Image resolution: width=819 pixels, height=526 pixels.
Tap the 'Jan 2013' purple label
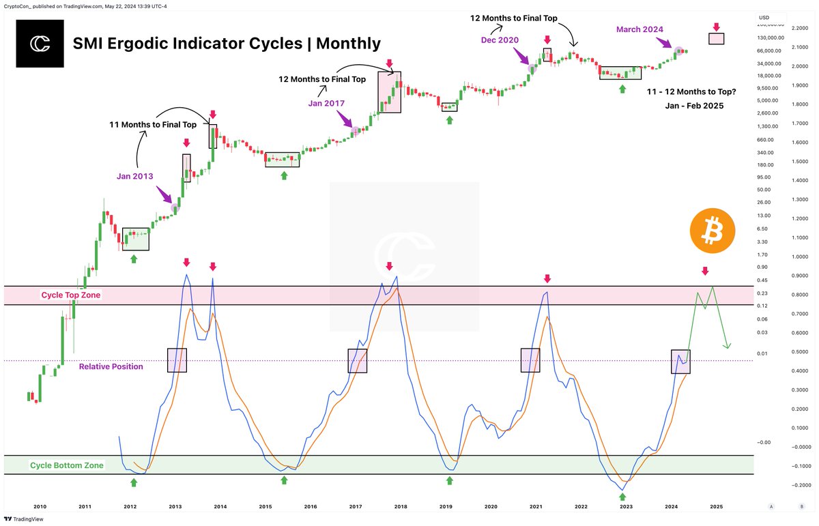pyautogui.click(x=134, y=176)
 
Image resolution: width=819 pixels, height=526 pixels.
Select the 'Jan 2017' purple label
pyautogui.click(x=326, y=103)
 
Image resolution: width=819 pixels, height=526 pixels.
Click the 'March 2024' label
pyautogui.click(x=639, y=29)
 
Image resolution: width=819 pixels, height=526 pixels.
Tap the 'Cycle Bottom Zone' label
pyautogui.click(x=67, y=465)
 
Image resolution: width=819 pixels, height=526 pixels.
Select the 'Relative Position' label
pyautogui.click(x=111, y=366)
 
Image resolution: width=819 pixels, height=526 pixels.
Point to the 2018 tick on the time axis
pyautogui.click(x=401, y=507)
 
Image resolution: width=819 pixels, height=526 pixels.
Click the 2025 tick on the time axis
pyautogui.click(x=716, y=507)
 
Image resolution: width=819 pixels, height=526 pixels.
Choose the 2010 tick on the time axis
pyautogui.click(x=40, y=507)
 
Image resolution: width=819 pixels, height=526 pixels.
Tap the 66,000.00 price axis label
pyautogui.click(x=768, y=50)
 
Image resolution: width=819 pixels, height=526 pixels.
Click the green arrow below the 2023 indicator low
pyautogui.click(x=622, y=498)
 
